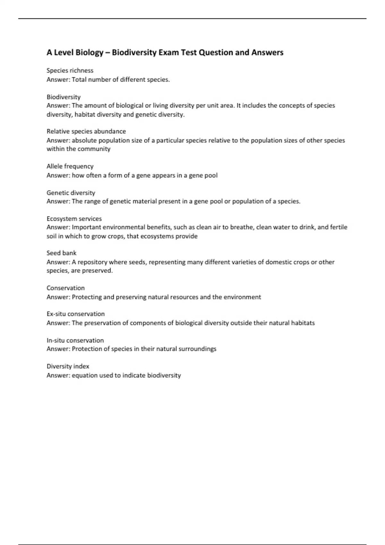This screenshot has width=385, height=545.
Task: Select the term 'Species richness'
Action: (x=70, y=71)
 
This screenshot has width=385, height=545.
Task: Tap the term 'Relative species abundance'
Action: (x=86, y=131)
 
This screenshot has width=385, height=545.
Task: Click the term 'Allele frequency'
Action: (x=70, y=166)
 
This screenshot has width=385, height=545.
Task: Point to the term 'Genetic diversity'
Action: (x=71, y=193)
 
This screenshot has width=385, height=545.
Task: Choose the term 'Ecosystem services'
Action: (x=74, y=219)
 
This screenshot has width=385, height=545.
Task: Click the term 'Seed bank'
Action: (x=61, y=253)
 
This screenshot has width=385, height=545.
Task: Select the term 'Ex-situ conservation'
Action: (x=76, y=314)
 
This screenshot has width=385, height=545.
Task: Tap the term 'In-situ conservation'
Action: (x=75, y=340)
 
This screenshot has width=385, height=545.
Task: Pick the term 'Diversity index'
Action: (x=68, y=366)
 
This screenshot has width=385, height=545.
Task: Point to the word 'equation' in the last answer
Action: (x=84, y=375)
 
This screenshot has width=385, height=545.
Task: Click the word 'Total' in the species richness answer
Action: (x=79, y=80)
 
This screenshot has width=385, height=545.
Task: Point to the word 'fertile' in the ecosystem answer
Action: (x=339, y=227)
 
